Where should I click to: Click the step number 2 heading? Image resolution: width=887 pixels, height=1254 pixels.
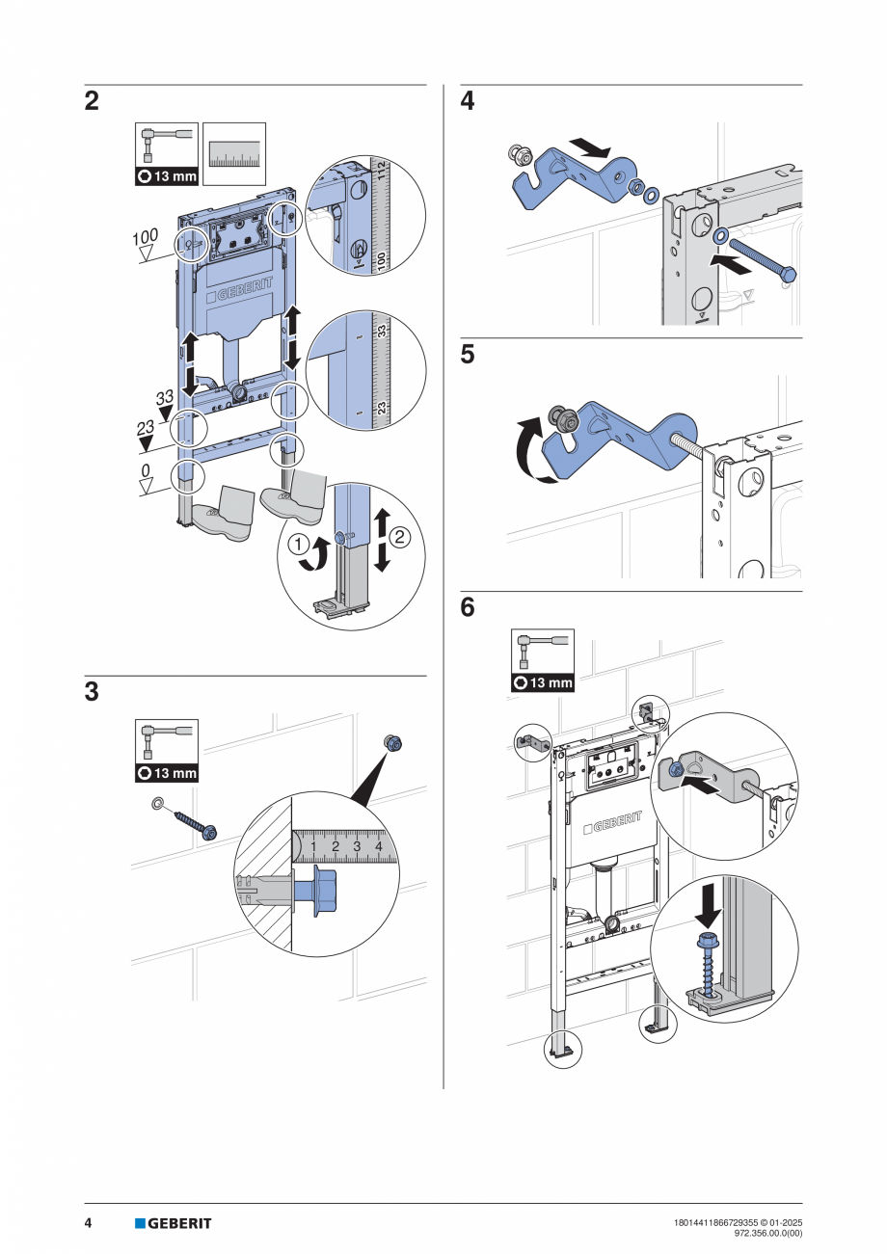[x=92, y=101]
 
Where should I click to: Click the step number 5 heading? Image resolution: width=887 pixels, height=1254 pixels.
[x=468, y=355]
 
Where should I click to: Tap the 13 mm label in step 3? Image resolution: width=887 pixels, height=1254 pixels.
[x=167, y=772]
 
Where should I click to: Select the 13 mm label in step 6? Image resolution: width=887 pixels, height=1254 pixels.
[x=542, y=682]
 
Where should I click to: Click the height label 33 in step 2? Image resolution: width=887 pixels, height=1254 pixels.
[x=165, y=397]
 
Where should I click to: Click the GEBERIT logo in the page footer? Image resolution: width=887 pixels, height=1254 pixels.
[x=174, y=1223]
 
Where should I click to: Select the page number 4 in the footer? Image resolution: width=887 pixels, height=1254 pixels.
[x=88, y=1223]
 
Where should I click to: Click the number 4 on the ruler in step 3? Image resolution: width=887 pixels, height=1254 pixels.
[x=379, y=846]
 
